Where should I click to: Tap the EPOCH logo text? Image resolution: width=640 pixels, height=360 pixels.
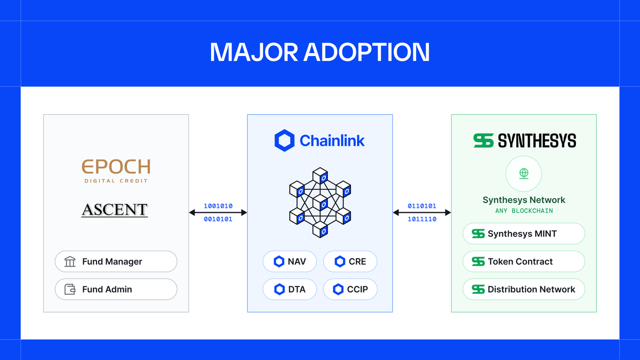pos(116,167)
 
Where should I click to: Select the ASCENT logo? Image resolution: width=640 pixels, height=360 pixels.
pos(115,210)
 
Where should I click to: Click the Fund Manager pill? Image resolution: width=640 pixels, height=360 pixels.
pos(116,261)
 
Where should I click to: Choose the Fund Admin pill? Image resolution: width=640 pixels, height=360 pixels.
pos(116,289)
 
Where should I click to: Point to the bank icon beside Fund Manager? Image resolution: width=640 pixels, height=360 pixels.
pos(70,261)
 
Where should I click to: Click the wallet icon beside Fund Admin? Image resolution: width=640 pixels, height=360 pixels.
pos(70,290)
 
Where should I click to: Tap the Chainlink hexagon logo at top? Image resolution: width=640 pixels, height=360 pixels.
pos(284,140)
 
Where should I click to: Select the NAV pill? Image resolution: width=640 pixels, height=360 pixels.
pos(290,261)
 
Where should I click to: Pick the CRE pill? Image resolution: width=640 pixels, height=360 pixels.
pos(350,261)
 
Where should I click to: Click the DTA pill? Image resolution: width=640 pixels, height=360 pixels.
pos(290,289)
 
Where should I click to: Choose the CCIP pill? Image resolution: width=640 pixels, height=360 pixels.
pos(350,289)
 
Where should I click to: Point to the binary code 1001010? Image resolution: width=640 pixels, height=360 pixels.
pos(218,206)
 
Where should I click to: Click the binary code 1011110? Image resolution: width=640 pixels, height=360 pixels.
pos(422,219)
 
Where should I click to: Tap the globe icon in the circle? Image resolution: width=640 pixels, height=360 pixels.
pos(524,173)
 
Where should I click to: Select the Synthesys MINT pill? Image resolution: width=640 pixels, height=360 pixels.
pos(523,234)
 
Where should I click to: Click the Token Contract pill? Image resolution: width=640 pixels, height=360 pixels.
pos(523,261)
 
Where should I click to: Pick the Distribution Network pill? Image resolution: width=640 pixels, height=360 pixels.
pos(523,289)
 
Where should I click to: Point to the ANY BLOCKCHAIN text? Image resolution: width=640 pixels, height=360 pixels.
pos(524,211)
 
